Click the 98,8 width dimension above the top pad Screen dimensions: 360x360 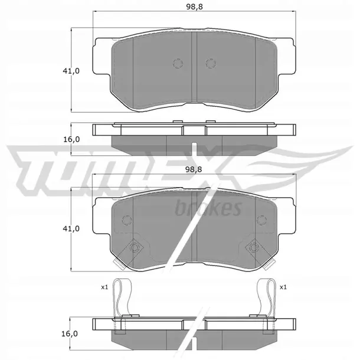tap(194, 6)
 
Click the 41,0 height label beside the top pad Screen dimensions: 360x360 tap(71, 71)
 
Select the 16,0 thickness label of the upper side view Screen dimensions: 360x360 tap(71, 139)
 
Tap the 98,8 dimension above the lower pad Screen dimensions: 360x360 tap(194, 169)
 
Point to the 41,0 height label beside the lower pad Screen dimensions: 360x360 tap(71, 228)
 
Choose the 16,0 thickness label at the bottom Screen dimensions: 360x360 tap(70, 333)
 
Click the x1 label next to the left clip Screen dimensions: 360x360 tap(104, 287)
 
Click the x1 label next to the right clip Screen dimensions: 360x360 tap(283, 287)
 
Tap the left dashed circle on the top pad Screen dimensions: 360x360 tap(178, 63)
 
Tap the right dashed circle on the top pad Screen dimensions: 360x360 tap(211, 63)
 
